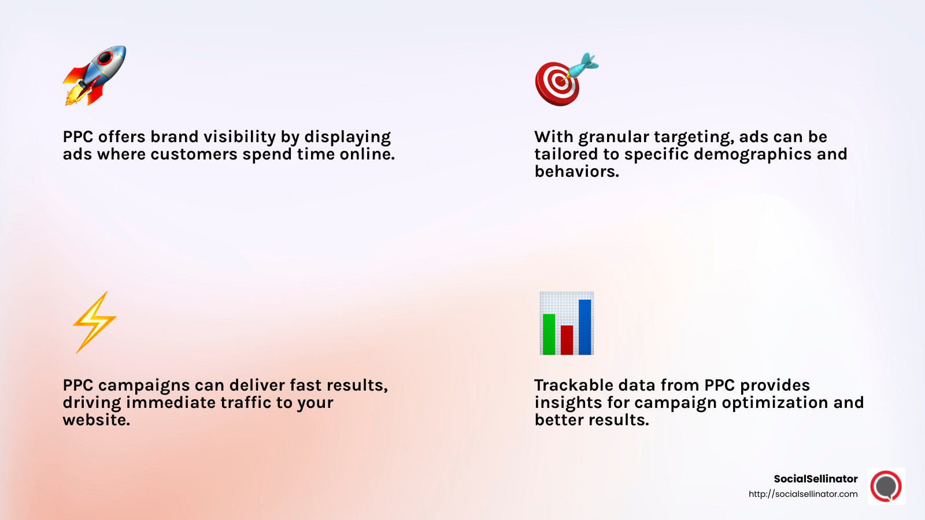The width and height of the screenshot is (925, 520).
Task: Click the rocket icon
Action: coord(95,75)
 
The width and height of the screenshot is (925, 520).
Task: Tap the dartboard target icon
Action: coord(556,84)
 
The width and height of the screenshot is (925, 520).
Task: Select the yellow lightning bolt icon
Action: coord(94,322)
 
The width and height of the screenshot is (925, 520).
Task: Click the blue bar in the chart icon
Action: coord(584,326)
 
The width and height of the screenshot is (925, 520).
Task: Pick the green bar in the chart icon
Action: coord(549,334)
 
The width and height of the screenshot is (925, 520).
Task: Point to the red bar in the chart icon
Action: coord(567,340)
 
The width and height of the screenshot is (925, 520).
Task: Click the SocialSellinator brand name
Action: coord(815,478)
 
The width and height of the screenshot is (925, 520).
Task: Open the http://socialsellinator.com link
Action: coord(803,494)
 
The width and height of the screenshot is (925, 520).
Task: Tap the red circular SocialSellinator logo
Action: coord(886,486)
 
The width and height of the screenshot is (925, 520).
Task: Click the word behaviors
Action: coord(576,172)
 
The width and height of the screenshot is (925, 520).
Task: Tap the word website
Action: coord(96,420)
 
